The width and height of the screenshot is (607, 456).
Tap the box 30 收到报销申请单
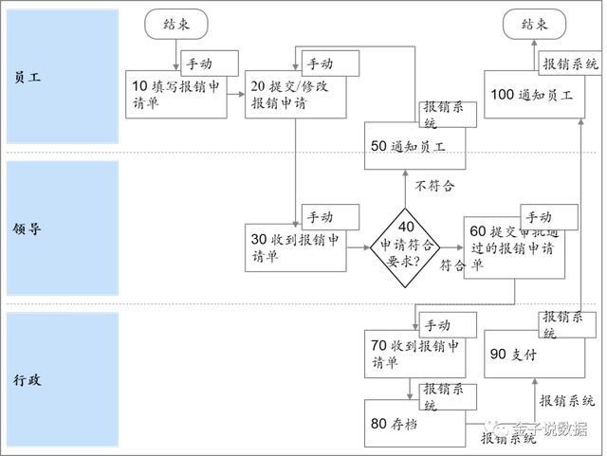coord(293,248)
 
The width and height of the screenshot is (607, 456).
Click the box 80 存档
coord(417,424)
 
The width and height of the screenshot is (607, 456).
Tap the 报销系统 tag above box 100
coord(570,64)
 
